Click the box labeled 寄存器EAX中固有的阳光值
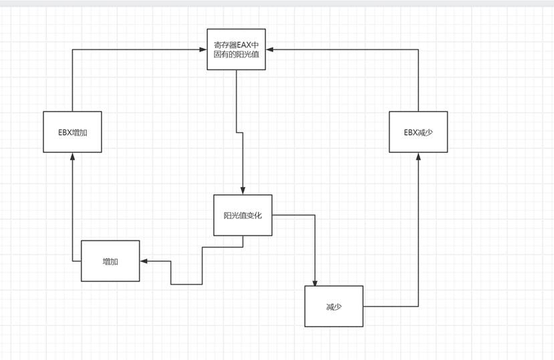pyautogui.click(x=236, y=49)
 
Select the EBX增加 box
pyautogui.click(x=72, y=132)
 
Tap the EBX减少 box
pyautogui.click(x=418, y=132)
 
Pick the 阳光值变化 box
pyautogui.click(x=243, y=215)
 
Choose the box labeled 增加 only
pyautogui.click(x=110, y=261)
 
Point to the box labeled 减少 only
pyautogui.click(x=333, y=307)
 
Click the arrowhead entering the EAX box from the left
pyautogui.click(x=202, y=49)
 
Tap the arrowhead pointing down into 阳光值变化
pyautogui.click(x=243, y=191)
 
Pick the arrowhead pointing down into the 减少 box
pyautogui.click(x=314, y=282)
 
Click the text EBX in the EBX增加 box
pyautogui.click(x=65, y=132)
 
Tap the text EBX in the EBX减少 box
pyautogui.click(x=411, y=132)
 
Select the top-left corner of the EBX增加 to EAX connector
pyautogui.click(x=72, y=49)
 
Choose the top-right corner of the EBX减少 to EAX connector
pyautogui.click(x=418, y=49)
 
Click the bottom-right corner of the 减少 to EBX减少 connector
pyautogui.click(x=418, y=307)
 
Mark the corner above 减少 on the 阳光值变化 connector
pyautogui.click(x=314, y=215)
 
